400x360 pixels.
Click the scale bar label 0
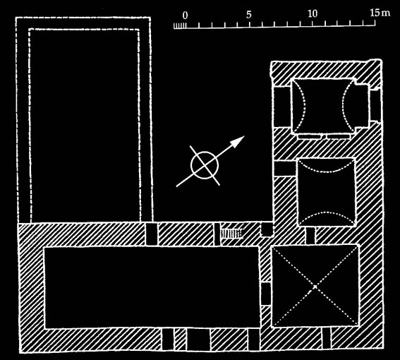coord(185,16)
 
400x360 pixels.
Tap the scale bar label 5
coord(249,15)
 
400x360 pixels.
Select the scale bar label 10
coord(313,14)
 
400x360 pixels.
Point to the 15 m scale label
coord(380,13)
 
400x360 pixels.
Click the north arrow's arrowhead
coord(238,141)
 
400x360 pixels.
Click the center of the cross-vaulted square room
coord(315,286)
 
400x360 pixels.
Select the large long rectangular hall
coord(152,287)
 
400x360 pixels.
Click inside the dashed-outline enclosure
coord(84,125)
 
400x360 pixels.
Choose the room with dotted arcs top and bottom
coord(326,192)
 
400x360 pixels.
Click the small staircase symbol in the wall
coord(231,234)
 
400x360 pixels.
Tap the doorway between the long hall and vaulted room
coord(265,294)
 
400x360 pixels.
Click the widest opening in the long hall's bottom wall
coord(198,339)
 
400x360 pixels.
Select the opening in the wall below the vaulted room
coord(327,338)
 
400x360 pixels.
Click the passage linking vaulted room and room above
coord(310,235)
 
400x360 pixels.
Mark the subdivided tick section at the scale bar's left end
coord(180,26)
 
